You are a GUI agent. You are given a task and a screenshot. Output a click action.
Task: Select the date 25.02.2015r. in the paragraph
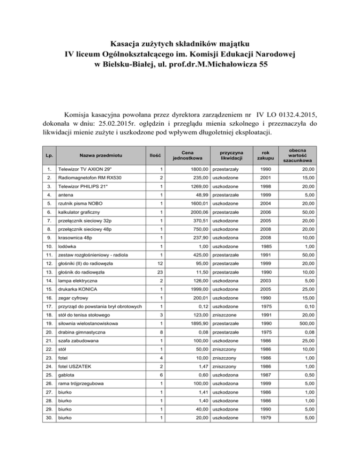click(x=131, y=124)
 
